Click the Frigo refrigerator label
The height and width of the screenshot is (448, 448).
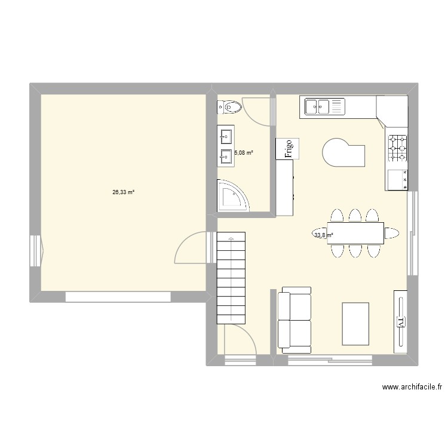[287, 148]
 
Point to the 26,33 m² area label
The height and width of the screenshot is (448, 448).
[123, 192]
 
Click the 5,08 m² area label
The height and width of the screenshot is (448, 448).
[244, 153]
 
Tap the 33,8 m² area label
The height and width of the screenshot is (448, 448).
[323, 235]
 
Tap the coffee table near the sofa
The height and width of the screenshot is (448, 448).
[355, 323]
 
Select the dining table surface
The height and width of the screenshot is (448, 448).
[355, 233]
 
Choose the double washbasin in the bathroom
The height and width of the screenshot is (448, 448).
[226, 147]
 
